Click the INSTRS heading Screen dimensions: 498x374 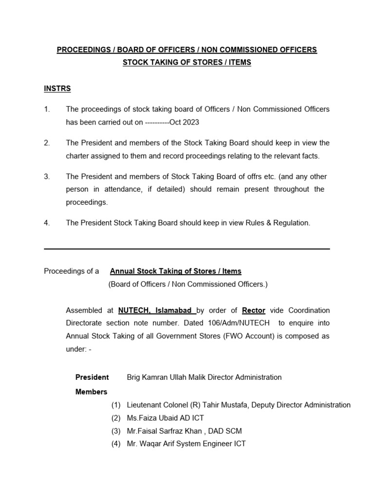(57, 89)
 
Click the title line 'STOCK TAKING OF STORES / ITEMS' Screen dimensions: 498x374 (187, 63)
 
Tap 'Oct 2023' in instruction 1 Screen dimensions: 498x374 (184, 123)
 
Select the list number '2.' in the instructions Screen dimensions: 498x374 (47, 143)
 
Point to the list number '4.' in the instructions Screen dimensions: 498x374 (47, 223)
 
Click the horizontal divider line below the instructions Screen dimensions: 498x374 (187, 249)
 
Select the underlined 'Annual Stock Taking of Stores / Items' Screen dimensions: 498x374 (175, 271)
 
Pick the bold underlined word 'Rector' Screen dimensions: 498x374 (253, 310)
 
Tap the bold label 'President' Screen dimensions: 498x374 (92, 377)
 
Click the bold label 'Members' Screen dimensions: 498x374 (91, 391)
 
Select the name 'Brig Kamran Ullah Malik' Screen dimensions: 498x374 (165, 377)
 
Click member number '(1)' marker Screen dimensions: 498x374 (115, 405)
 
